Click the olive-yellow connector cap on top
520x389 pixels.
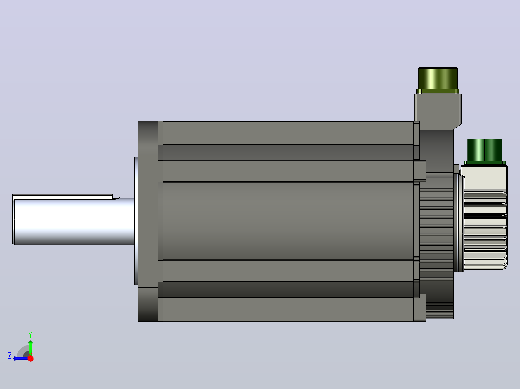(438, 78)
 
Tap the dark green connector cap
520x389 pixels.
(484, 150)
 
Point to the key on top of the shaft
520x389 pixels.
(63, 196)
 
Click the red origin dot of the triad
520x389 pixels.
(30, 358)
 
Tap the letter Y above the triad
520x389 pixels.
(30, 335)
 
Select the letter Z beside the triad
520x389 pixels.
(10, 356)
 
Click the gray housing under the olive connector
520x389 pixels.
(438, 111)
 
